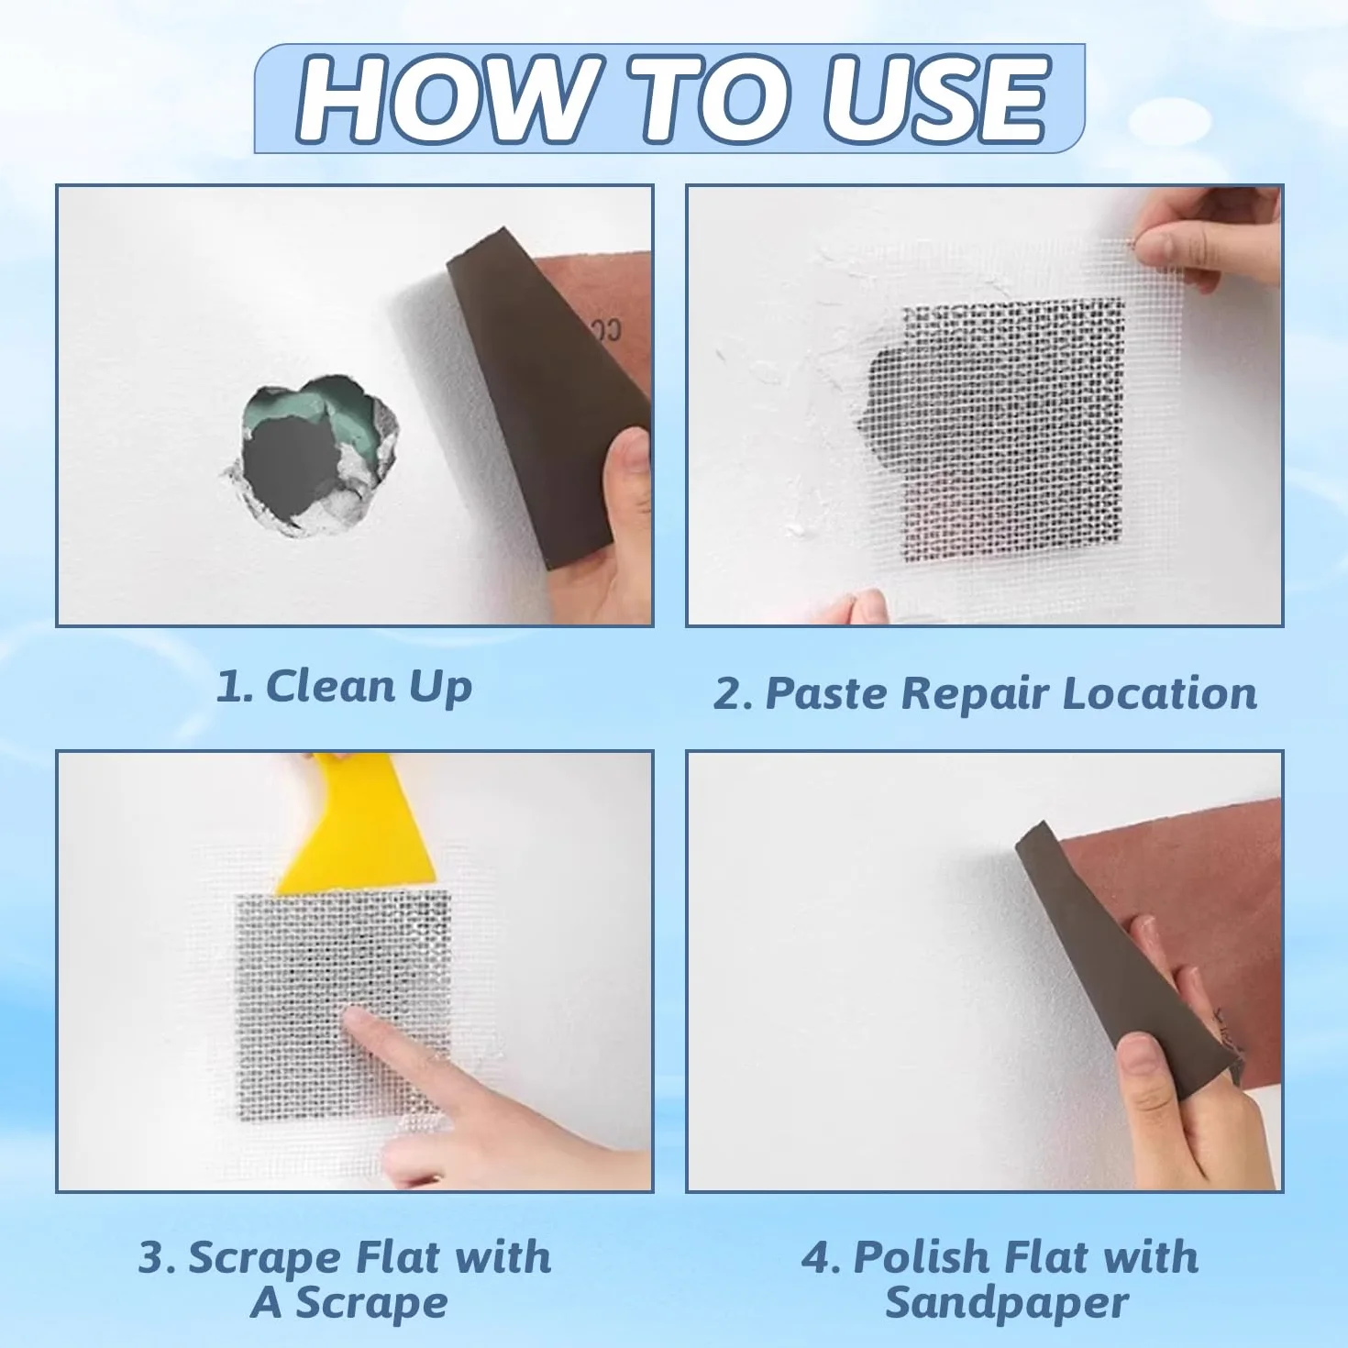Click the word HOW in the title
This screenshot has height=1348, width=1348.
point(447,99)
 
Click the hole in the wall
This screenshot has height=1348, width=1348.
point(311,456)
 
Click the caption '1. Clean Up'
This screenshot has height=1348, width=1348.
point(344,687)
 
